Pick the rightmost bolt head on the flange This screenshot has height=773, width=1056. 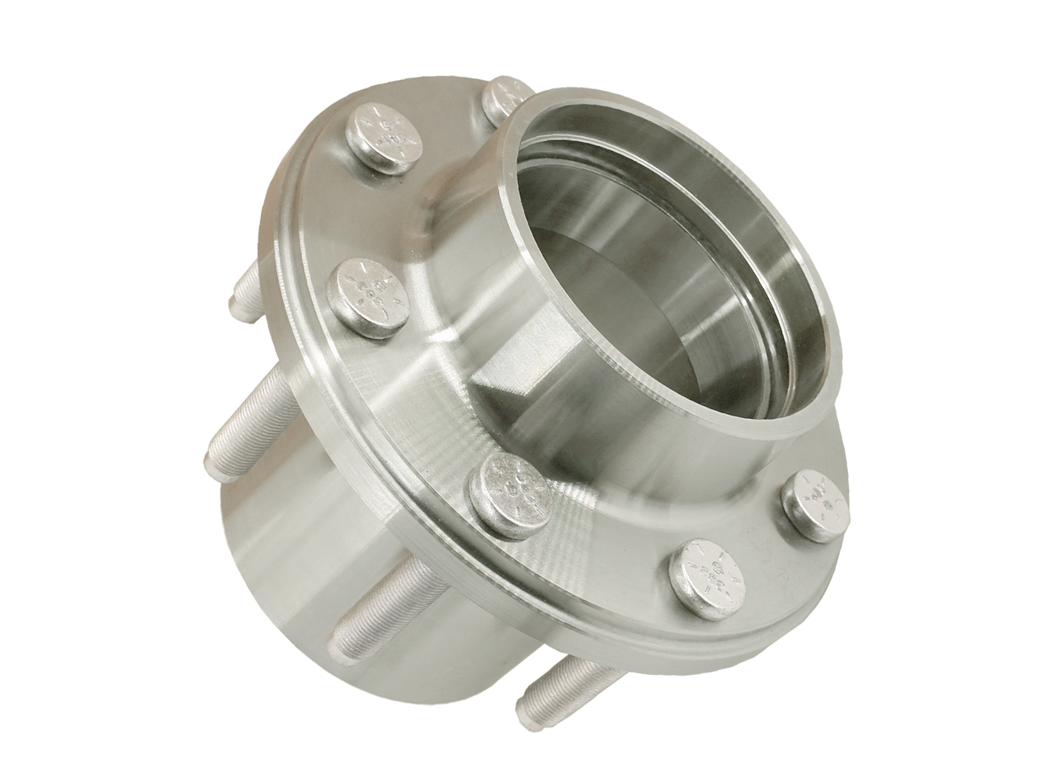click(816, 505)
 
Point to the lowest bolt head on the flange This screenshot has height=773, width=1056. click(707, 578)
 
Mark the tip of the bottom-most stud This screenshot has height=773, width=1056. click(526, 714)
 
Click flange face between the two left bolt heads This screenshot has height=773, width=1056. click(346, 214)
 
